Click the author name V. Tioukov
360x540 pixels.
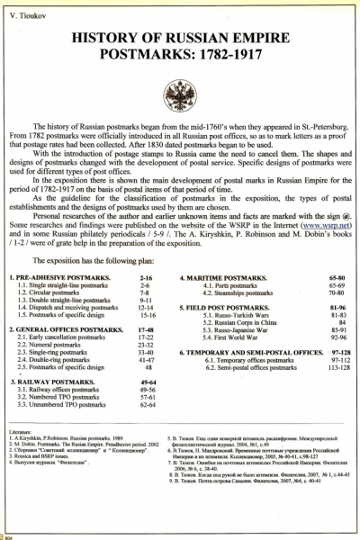(26, 17)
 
